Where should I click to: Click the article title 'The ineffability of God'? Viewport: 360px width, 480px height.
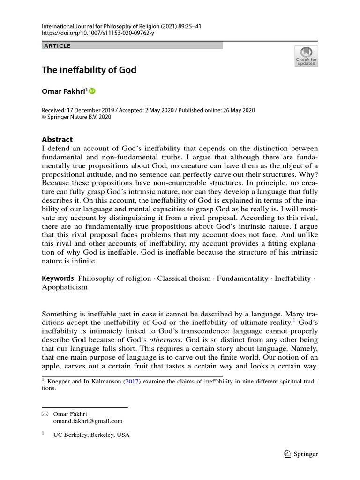click(x=89, y=70)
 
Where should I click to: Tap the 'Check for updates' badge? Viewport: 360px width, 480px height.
click(x=306, y=56)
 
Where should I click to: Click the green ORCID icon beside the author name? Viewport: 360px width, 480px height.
click(x=92, y=91)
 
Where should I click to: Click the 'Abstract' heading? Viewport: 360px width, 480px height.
click(x=58, y=139)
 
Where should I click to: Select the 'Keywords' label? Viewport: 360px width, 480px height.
click(x=58, y=278)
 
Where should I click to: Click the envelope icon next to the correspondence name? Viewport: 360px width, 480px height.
click(x=45, y=414)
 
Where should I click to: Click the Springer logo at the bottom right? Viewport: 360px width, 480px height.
click(x=301, y=454)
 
